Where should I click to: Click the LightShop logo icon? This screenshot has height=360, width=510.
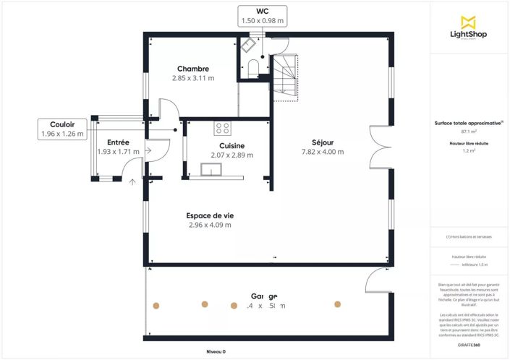pos(469,22)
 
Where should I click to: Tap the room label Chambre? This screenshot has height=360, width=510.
pos(193,69)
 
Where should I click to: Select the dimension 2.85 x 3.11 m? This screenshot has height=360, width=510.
pos(193,78)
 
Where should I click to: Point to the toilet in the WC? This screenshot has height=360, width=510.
pos(253,67)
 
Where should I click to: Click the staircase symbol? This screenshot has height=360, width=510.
pos(284,77)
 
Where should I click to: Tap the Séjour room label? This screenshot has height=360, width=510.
pos(323,142)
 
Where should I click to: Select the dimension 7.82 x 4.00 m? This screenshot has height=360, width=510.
pos(323,152)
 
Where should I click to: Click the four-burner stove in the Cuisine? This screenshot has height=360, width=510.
pos(223,129)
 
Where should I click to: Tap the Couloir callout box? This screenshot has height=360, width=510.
pos(61,129)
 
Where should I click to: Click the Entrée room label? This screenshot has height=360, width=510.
pos(118,142)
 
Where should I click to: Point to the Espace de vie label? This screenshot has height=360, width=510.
pos(209,215)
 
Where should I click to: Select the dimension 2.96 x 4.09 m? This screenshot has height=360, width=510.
pos(209,225)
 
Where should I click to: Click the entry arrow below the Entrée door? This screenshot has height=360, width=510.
pos(132,182)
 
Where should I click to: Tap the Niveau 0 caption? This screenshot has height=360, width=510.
pos(216,351)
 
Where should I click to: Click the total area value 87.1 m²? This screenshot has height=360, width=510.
pos(468,132)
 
